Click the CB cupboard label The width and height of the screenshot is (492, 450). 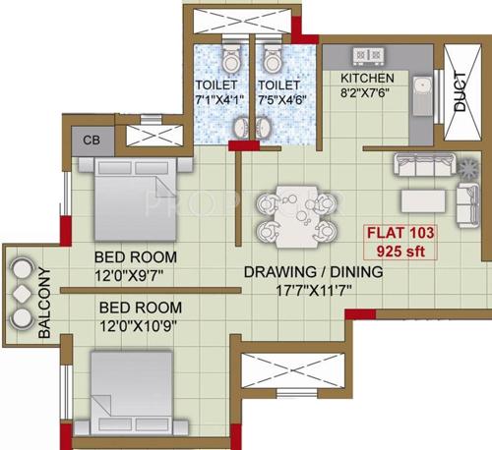(x=91, y=140)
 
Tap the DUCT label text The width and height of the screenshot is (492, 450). (x=460, y=92)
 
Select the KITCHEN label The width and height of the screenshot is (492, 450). (x=367, y=78)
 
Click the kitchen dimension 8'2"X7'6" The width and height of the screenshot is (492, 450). (x=367, y=94)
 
